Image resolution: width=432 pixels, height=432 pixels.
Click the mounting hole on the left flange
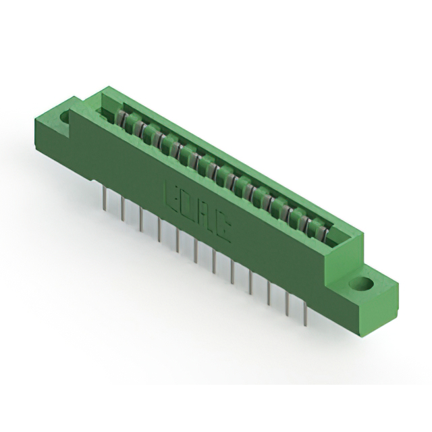tap(65, 117)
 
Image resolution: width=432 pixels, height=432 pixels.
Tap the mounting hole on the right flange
tap(363, 283)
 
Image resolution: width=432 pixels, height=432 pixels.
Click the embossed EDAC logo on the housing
tap(196, 211)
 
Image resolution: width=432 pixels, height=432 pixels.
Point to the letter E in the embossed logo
tap(171, 195)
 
